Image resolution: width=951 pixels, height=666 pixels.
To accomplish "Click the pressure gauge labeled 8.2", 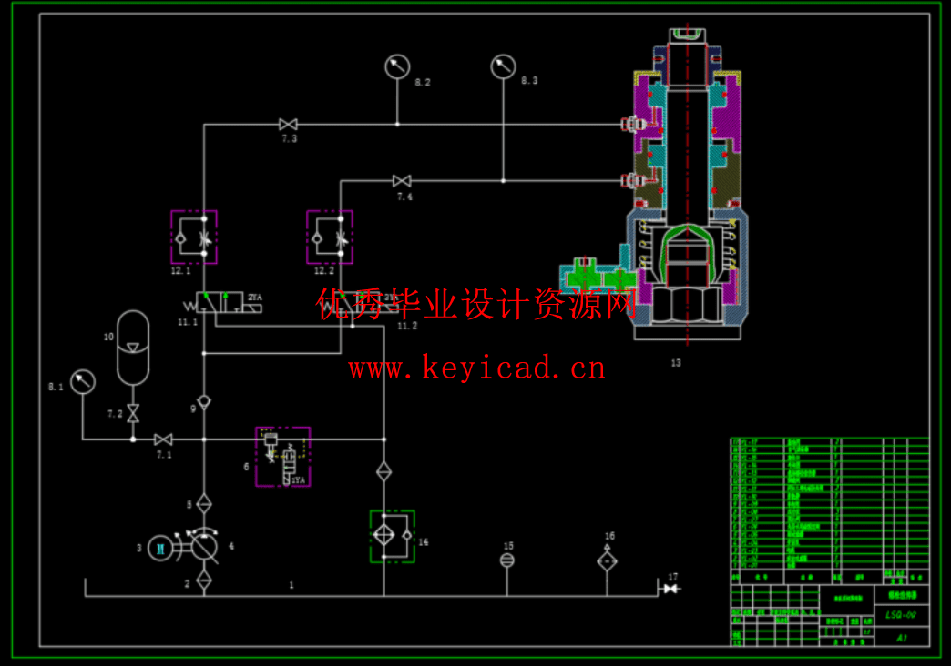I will coord(397,66).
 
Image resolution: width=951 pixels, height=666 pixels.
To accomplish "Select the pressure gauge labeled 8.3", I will coord(503,66).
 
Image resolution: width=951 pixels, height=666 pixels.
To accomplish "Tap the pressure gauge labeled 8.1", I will coord(82,381).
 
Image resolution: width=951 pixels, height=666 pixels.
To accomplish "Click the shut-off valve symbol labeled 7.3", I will coord(289,125).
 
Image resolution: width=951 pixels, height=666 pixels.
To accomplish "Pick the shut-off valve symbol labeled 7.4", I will coord(402,181).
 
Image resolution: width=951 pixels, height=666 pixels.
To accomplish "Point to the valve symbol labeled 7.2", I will coord(133,413).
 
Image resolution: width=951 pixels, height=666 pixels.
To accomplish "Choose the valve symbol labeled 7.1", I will coord(163,439).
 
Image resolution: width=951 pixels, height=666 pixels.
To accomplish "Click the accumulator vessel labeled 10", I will coord(133,347).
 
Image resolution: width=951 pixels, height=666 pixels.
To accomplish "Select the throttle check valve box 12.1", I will coord(194,237).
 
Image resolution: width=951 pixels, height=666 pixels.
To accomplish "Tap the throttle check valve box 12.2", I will coord(330,237).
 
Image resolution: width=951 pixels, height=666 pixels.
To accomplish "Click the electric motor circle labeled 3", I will coord(160,547).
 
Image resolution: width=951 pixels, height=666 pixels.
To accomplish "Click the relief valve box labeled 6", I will coord(282,456).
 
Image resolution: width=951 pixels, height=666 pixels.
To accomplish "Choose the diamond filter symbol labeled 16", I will coord(608,561).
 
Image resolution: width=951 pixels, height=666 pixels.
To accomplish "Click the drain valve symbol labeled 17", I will coord(671,590).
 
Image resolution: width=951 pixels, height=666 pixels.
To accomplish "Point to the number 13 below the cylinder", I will coord(676,363).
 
